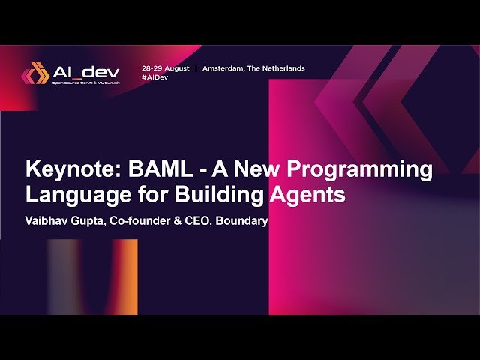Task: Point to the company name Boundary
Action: point(242,221)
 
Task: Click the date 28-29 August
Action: point(165,67)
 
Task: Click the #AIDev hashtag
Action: point(154,77)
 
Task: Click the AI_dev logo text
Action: point(86,72)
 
